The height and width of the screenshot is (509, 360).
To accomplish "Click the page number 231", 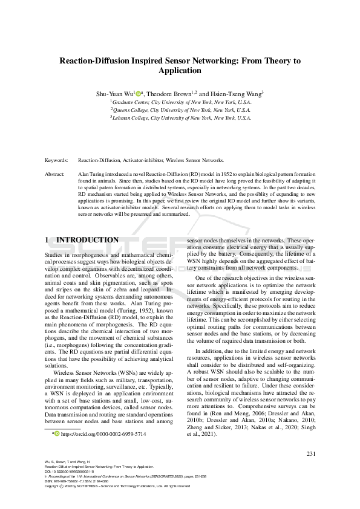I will click(312, 453).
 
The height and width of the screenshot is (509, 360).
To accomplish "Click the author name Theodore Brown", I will click(171, 94).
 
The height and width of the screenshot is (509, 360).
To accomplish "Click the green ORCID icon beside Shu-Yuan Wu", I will click(138, 94).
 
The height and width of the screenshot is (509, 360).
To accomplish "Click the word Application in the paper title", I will click(180, 71).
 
